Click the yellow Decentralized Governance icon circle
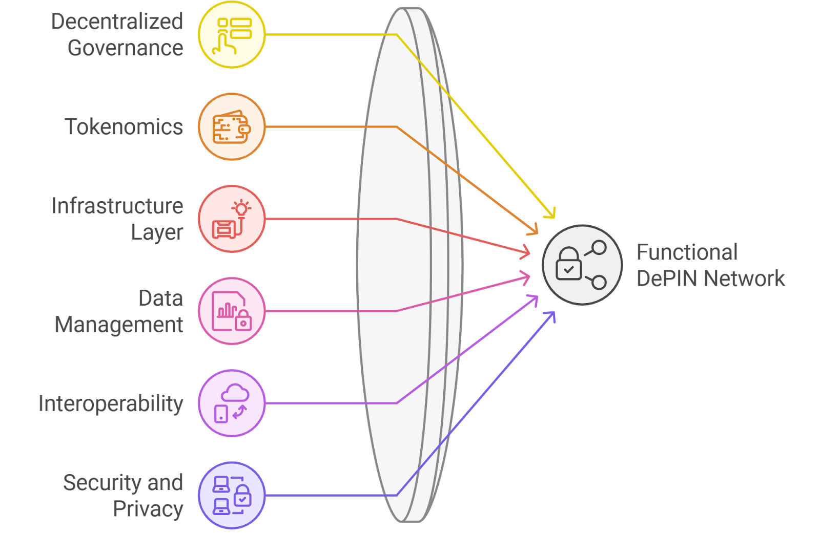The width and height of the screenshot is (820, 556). click(x=232, y=35)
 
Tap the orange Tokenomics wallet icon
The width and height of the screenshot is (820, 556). click(x=232, y=127)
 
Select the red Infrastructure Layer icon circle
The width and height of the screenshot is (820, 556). click(x=232, y=219)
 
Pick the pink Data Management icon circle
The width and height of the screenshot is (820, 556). click(x=232, y=311)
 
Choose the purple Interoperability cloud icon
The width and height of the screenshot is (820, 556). click(x=232, y=403)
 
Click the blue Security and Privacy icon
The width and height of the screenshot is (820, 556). click(x=232, y=495)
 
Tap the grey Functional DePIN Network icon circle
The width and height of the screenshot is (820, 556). click(x=582, y=265)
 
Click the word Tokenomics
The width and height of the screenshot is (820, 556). click(x=124, y=127)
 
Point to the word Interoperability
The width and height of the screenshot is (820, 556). click(x=111, y=403)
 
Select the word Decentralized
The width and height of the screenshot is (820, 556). click(x=117, y=22)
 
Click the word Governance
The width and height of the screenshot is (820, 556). click(x=125, y=48)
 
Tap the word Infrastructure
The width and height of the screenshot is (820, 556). click(x=117, y=206)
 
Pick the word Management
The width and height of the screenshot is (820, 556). click(x=119, y=325)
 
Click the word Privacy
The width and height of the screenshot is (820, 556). click(x=148, y=509)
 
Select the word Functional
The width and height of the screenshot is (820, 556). click(x=687, y=252)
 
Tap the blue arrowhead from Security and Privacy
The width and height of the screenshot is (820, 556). click(x=551, y=315)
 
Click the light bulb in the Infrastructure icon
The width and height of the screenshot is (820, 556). click(x=241, y=208)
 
